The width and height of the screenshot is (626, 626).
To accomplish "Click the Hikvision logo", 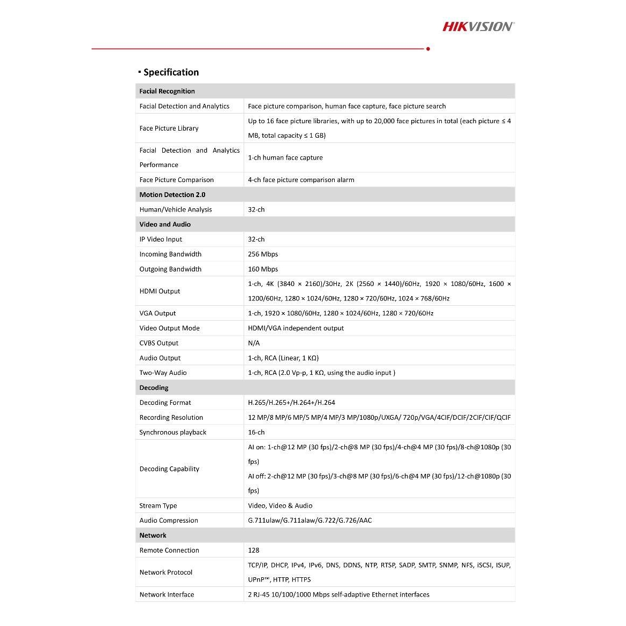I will coord(478,26).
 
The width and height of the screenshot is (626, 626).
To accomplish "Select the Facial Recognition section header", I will coord(167,91).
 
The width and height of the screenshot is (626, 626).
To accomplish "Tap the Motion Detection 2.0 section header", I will coord(172,195).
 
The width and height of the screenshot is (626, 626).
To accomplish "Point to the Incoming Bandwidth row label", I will coord(170,254).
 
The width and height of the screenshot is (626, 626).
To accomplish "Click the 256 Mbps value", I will coord(263,254).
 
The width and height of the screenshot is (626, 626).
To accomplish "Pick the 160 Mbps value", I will coord(263,269).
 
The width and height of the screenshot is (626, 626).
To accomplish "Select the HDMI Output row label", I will coord(160,291).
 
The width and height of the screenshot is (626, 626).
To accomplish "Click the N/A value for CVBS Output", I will coord(254,343).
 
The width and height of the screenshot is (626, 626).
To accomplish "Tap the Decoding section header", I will coord(154,388).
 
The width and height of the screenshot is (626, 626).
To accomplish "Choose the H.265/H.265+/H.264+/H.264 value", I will coord(291,403).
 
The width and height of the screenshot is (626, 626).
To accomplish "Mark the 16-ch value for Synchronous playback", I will coord(256,432).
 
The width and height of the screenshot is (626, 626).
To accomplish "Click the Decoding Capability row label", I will coord(169,469).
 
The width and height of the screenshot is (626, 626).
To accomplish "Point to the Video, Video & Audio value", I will coord(280,506).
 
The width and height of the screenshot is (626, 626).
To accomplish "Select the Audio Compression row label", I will coord(169,521).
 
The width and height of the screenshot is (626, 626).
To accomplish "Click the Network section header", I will coord(153,536).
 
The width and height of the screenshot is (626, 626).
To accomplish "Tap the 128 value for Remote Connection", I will coord(253,550).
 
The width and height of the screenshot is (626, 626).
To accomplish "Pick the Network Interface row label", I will coord(167,595).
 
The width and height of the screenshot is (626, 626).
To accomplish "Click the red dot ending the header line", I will coord(428,49).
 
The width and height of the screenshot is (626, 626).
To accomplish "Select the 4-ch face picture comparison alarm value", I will coord(301,180).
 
